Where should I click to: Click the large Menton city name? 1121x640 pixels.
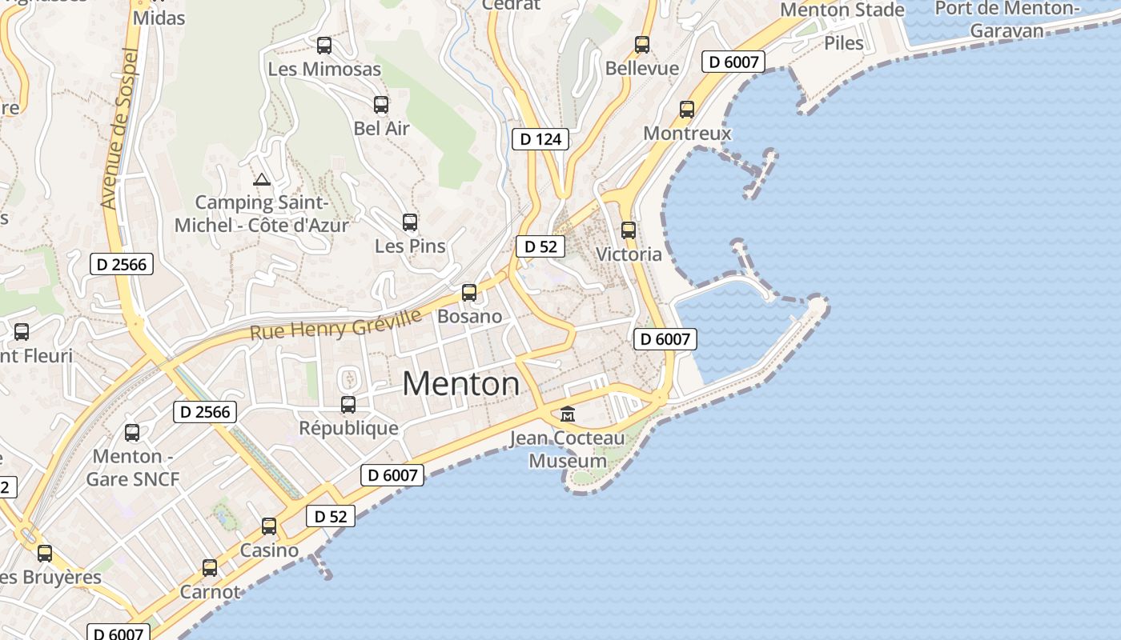[x=460, y=384]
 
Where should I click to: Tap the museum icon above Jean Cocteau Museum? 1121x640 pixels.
[x=568, y=414]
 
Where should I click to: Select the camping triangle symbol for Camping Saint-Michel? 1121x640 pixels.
[x=261, y=179]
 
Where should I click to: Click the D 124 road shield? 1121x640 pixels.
[x=540, y=139]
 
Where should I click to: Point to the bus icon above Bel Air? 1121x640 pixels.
[x=381, y=104]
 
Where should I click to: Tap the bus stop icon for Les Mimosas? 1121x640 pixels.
[x=324, y=46]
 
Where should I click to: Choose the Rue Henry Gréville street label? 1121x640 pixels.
[x=335, y=325]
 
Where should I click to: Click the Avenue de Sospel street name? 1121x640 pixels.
[x=119, y=128]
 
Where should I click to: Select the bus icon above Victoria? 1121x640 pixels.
[x=629, y=230]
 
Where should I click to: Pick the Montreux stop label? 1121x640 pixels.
[x=687, y=133]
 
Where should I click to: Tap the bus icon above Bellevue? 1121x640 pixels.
[x=642, y=45]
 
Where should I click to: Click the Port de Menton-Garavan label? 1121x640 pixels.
[x=1006, y=19]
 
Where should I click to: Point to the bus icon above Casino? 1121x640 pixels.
[x=269, y=526]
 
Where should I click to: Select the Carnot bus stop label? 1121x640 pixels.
[x=210, y=592]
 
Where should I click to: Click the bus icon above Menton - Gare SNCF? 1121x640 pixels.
[x=132, y=433]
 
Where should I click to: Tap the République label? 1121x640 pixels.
[x=348, y=428]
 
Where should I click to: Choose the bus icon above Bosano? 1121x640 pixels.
[x=469, y=293]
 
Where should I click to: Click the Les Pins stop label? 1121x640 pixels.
[x=410, y=246]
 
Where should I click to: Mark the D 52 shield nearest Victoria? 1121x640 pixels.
[x=540, y=246]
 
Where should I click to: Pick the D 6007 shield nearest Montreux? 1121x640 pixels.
[x=733, y=62]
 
